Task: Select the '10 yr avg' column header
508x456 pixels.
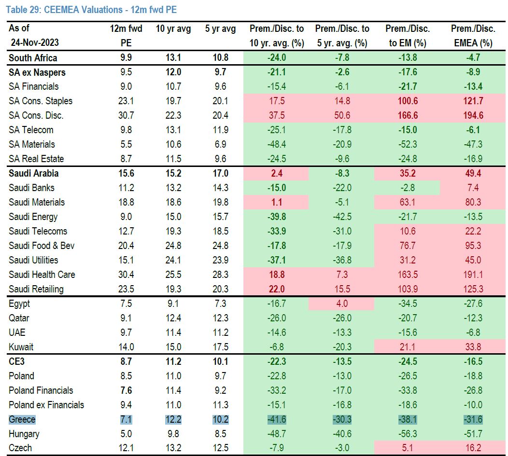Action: tap(173, 29)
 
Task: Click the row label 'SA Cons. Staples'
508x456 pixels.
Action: tap(41, 101)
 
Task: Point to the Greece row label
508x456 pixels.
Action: tap(22, 419)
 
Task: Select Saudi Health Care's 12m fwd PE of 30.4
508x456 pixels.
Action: tap(126, 275)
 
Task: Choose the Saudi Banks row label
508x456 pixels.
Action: tap(31, 188)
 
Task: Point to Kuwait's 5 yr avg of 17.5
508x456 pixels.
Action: tap(220, 347)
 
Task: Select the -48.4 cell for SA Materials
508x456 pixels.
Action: tap(276, 144)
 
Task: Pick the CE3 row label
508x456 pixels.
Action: tap(17, 361)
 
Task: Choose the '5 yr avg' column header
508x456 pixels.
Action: tap(220, 29)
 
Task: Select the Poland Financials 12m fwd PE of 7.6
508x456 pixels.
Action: tap(126, 390)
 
